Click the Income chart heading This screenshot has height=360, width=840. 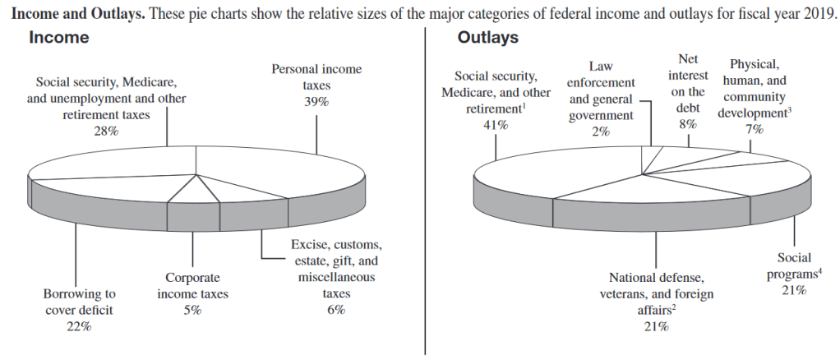pyautogui.click(x=58, y=39)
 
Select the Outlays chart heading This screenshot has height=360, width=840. pyautogui.click(x=487, y=39)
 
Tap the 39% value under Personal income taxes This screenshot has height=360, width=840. pyautogui.click(x=316, y=101)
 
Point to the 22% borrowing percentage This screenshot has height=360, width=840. pyautogui.click(x=79, y=326)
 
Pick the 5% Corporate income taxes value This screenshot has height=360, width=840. pyautogui.click(x=192, y=310)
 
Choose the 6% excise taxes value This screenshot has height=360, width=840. pyautogui.click(x=335, y=310)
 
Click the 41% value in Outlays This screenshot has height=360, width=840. pyautogui.click(x=496, y=125)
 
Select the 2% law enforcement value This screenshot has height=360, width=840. pyautogui.click(x=601, y=131)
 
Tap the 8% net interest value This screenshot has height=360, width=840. pyautogui.click(x=688, y=124)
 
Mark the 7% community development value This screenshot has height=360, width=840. pyautogui.click(x=755, y=129)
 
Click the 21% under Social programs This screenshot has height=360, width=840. pyautogui.click(x=793, y=290)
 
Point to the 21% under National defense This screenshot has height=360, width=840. pyautogui.click(x=656, y=326)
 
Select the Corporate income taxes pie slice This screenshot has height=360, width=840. pyautogui.click(x=192, y=195)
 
